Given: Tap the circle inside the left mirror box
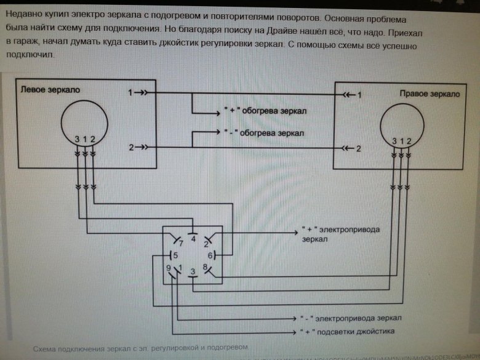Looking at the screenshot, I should (84, 120).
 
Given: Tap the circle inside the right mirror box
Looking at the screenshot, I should (404, 124).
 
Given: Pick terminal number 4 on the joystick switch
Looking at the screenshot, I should (194, 238).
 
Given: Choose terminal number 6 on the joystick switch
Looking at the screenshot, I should (210, 254).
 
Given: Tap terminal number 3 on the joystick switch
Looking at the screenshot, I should (193, 271).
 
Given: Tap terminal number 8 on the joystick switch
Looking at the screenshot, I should (205, 267).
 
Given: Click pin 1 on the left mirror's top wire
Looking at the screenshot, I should (130, 92).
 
